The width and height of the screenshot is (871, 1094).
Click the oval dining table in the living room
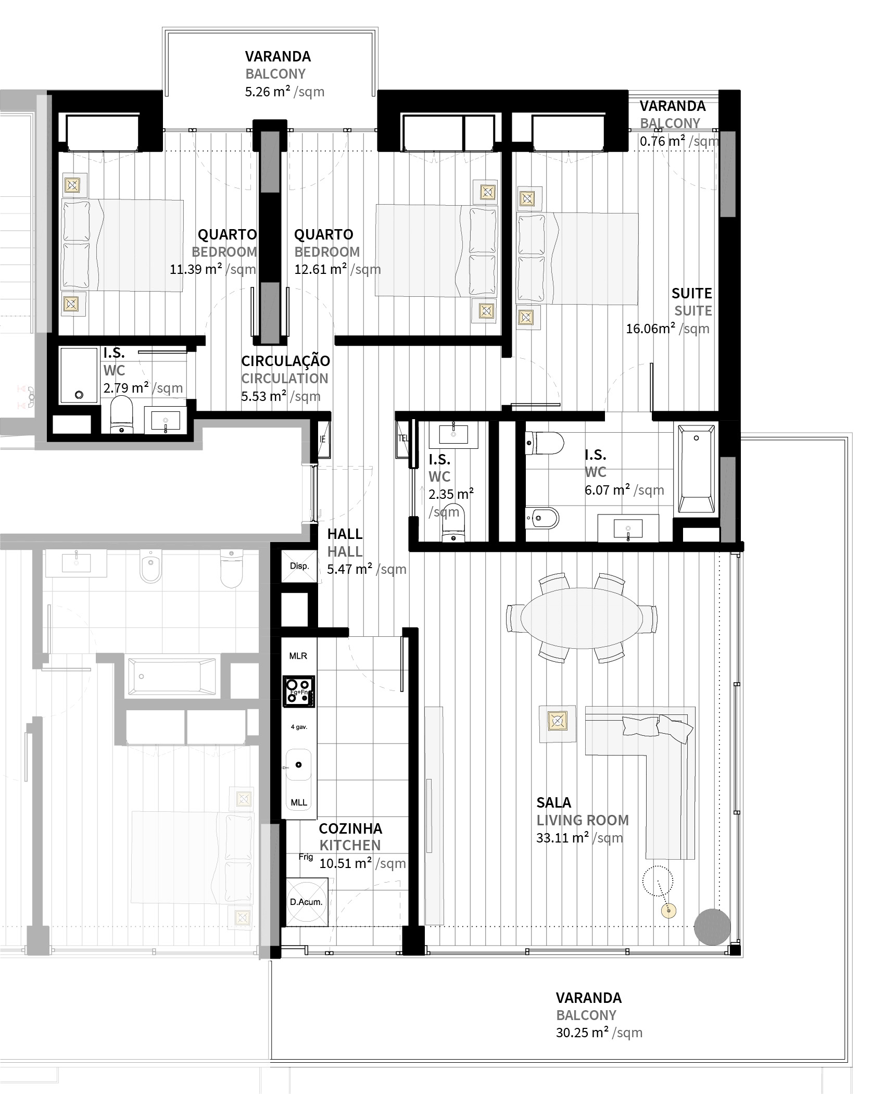(x=582, y=618)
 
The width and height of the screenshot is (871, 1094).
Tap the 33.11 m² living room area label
(x=579, y=838)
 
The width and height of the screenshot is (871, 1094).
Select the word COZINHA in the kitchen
(x=350, y=828)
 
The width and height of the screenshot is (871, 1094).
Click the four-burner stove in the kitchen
(x=299, y=691)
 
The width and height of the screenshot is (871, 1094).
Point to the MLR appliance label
(x=298, y=656)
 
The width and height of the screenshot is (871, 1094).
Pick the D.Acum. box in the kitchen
(x=307, y=902)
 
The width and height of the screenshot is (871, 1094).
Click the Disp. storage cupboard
(x=299, y=566)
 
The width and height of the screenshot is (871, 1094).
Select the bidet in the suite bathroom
(x=542, y=518)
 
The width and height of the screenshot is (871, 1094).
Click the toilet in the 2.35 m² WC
(x=454, y=523)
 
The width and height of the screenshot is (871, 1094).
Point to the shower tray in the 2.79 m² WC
(x=79, y=375)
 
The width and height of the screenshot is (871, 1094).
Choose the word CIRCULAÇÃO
(x=286, y=361)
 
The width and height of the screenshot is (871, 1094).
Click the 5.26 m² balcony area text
(x=285, y=92)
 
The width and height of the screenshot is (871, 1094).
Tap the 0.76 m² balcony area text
(x=679, y=141)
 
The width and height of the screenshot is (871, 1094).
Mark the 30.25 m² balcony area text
(x=599, y=1033)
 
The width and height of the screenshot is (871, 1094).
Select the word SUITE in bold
(x=691, y=293)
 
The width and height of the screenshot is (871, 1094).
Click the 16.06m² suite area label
(x=668, y=329)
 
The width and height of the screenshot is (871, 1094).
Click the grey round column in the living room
(x=712, y=927)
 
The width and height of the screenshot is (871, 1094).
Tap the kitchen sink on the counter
(x=298, y=764)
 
